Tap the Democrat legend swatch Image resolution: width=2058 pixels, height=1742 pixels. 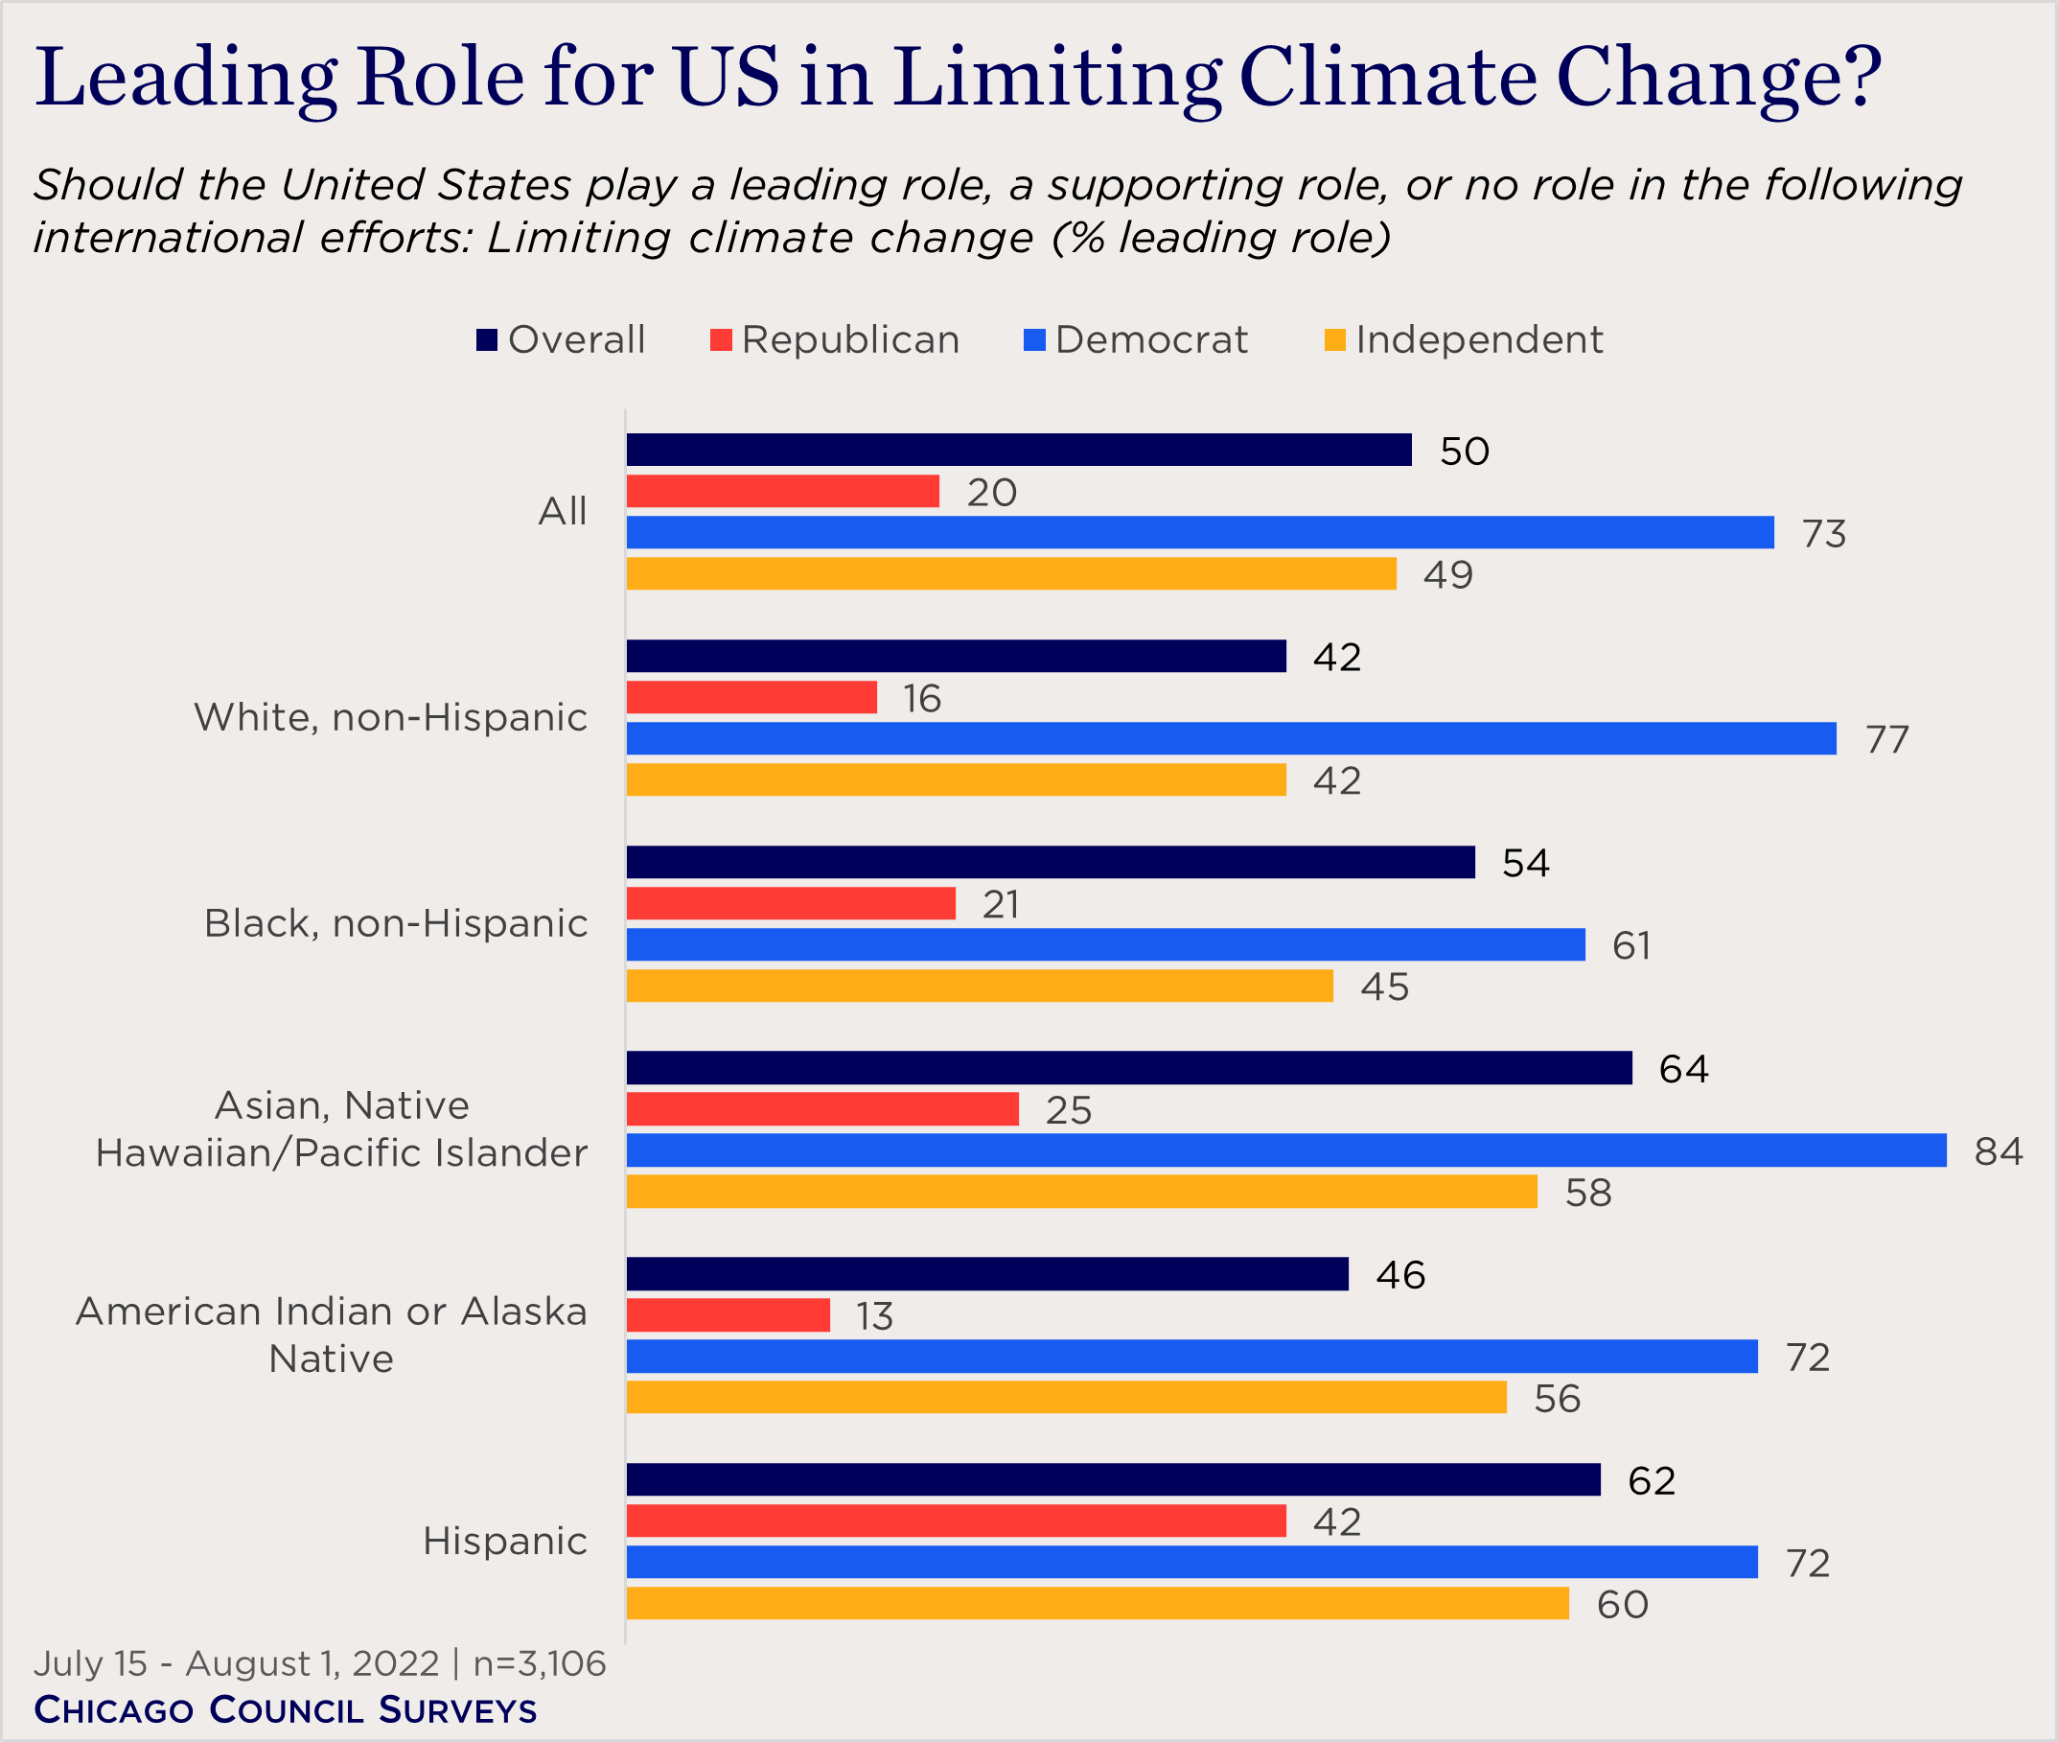point(1034,339)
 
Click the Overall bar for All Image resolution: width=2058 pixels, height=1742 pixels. point(1018,450)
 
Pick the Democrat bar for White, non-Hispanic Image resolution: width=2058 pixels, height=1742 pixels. point(1231,738)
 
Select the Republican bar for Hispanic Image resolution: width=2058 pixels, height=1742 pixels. point(956,1521)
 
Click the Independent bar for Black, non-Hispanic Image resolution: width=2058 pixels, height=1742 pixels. point(980,986)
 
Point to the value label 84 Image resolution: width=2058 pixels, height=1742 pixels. point(1998,1151)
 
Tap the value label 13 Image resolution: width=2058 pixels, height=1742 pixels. point(874,1316)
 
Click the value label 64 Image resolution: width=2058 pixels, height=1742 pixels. point(1683,1070)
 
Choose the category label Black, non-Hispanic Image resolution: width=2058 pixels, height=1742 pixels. point(395,923)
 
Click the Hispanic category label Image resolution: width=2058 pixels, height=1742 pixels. point(504,1541)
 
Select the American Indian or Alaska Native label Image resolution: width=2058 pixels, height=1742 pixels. point(331,1336)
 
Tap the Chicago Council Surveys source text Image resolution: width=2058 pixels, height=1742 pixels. point(286,1709)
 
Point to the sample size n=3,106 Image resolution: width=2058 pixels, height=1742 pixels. point(540,1664)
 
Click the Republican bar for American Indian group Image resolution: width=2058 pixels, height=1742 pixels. point(728,1315)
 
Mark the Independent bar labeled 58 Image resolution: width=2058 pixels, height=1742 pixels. point(1081,1192)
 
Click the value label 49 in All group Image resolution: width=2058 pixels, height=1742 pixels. point(1446,574)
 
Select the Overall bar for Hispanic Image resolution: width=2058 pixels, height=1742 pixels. point(1113,1479)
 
